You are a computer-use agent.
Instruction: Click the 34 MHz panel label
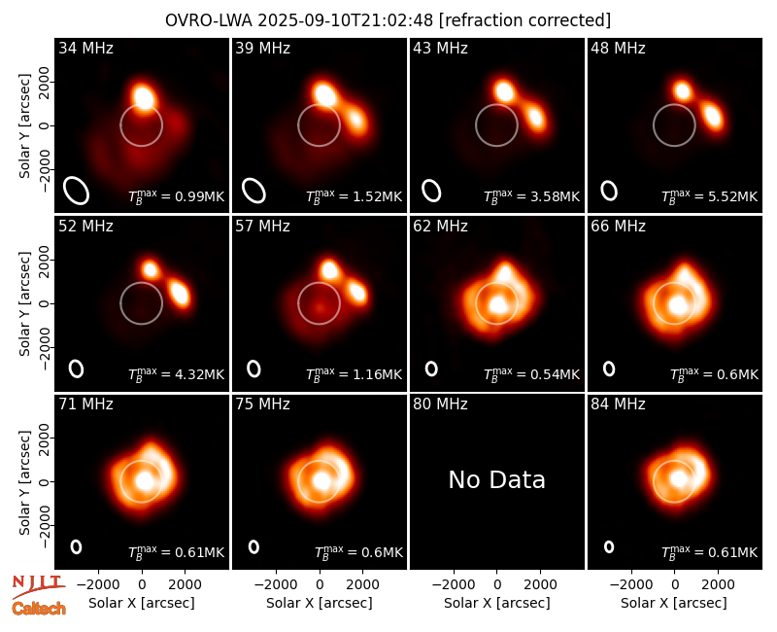pos(85,48)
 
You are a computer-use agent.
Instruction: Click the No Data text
pos(497,479)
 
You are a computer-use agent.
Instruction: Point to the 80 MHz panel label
pos(441,404)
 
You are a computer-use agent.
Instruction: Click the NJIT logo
pos(39,586)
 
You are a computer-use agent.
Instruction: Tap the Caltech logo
pos(39,609)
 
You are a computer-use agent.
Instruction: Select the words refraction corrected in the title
pos(525,20)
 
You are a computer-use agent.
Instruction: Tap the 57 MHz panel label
pos(262,227)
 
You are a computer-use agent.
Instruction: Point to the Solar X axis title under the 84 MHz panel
pos(674,603)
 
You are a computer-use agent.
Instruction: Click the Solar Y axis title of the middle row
pos(25,303)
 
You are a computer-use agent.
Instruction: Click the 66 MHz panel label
pos(618,227)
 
